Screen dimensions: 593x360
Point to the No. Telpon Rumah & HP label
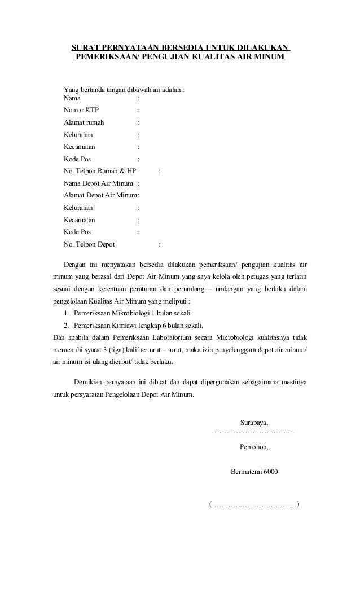(x=100, y=171)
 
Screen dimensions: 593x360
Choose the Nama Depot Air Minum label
(x=99, y=183)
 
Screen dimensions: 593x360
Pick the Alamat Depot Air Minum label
(x=100, y=195)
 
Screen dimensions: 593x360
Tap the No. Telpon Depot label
(x=89, y=244)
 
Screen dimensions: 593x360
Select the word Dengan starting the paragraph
(x=74, y=265)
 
